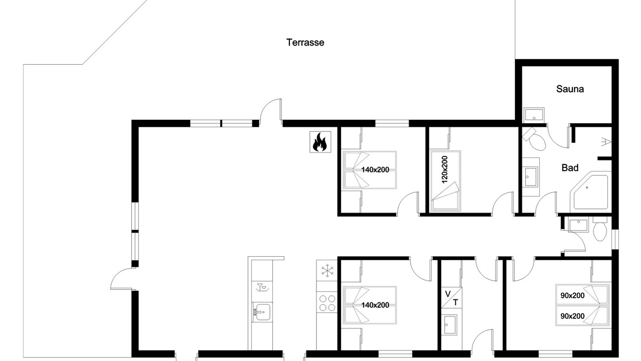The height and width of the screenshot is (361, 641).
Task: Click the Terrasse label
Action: click(x=305, y=43)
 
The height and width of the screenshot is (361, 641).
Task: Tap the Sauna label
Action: click(x=570, y=89)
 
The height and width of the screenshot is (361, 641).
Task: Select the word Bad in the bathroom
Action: click(x=570, y=167)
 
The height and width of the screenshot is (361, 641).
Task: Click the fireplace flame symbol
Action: click(x=320, y=142)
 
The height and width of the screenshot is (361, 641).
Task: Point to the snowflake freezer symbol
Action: click(x=327, y=271)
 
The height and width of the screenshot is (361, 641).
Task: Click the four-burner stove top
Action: click(x=327, y=303)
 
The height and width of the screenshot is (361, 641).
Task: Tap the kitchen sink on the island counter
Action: click(x=262, y=312)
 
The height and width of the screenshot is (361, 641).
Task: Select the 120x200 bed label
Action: click(x=444, y=169)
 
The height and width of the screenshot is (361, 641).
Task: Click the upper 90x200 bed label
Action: click(x=572, y=295)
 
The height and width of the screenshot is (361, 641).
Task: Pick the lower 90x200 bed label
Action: click(x=572, y=316)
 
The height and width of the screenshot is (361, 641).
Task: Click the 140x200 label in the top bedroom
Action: click(x=375, y=170)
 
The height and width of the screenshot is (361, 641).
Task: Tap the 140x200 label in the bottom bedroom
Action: click(x=375, y=305)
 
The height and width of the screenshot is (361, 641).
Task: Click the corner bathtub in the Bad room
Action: click(x=589, y=192)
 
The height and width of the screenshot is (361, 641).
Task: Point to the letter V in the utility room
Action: click(x=448, y=294)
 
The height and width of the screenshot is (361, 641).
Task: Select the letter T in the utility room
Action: click(x=455, y=302)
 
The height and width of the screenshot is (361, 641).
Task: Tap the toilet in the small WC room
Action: click(x=600, y=229)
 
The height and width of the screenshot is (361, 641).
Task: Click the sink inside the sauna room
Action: click(x=534, y=115)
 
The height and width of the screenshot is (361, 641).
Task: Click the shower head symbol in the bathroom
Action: click(x=606, y=142)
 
